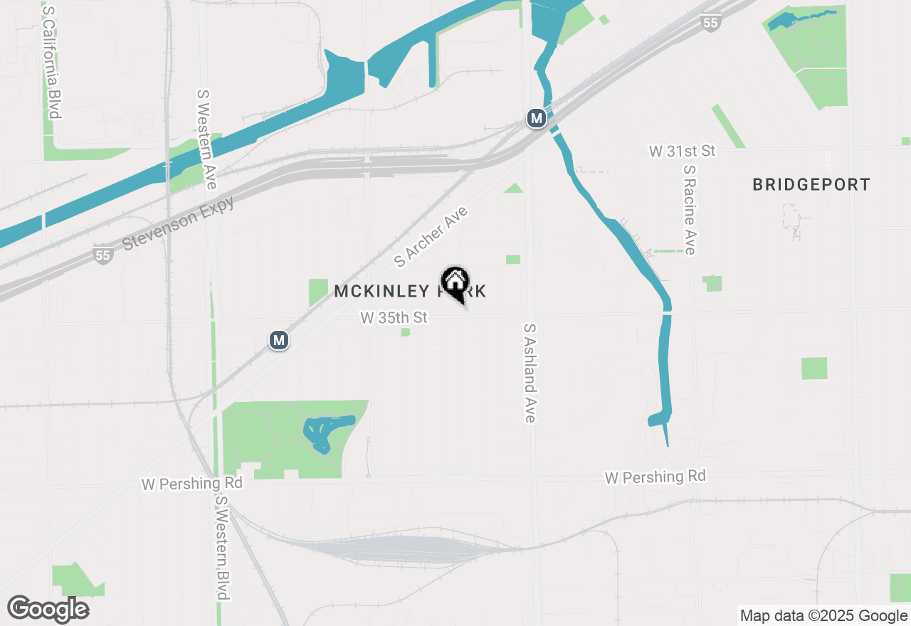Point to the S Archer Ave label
(431, 236)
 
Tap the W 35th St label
(394, 317)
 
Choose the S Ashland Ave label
(529, 373)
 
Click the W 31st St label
(682, 151)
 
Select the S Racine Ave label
(689, 210)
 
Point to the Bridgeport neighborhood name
(811, 185)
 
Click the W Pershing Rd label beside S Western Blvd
(192, 483)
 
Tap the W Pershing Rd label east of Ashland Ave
(655, 477)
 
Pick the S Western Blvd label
(222, 547)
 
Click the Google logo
(48, 609)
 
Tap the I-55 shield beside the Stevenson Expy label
(103, 254)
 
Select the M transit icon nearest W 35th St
(279, 340)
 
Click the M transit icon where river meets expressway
(536, 117)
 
